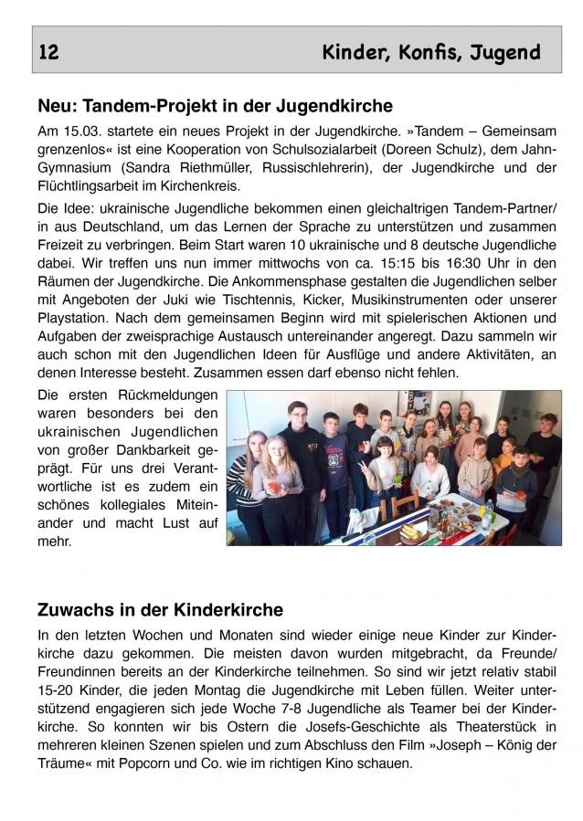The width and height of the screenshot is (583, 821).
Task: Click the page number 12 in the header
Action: coord(49,53)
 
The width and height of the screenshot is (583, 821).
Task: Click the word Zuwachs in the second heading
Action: coord(74,608)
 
